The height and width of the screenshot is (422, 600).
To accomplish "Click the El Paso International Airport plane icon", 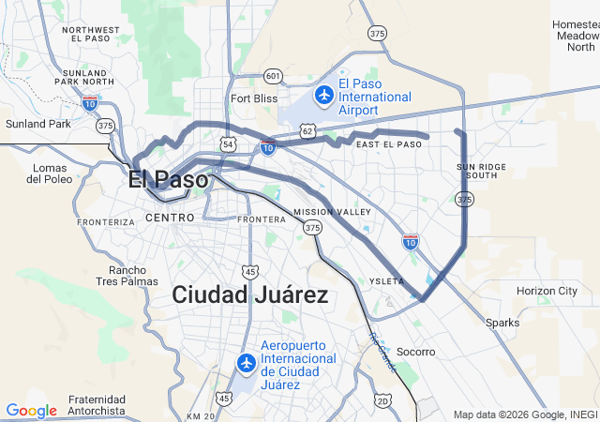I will coord(324,95).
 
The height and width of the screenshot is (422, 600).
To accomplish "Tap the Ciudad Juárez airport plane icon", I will coord(247,362).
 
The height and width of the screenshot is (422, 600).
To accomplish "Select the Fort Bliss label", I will coord(254,98).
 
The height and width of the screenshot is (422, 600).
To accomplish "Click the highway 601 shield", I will coord(273,75).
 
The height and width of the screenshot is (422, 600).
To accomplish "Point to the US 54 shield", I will coord(229,143).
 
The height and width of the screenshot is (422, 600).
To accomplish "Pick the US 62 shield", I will coord(307,130).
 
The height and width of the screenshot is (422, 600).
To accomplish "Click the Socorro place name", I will coord(416,352).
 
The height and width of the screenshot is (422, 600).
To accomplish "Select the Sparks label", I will coord(502,323).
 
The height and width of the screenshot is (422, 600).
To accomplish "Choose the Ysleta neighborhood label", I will coord(387,281).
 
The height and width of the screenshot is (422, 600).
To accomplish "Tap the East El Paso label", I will coord(388,144).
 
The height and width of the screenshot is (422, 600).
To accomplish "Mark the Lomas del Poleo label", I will coord(52,173).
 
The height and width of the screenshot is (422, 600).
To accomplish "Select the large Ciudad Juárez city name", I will coord(249,295).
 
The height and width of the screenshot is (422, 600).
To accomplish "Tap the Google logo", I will coord(31,410).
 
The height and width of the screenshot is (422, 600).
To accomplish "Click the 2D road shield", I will coord(382,401).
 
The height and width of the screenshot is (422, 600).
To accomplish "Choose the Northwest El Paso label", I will coord(91,35).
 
